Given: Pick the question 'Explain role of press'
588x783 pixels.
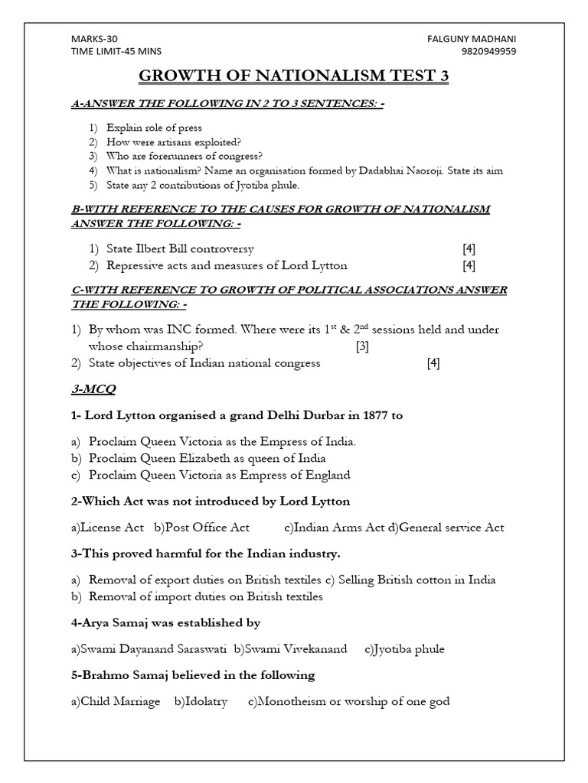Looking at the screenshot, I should pos(155,128).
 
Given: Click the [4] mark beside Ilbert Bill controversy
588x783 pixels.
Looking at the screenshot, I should pos(469,249).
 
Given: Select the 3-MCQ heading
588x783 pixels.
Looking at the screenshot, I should pos(94,389).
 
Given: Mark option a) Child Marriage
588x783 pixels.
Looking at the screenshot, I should pos(116,701).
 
